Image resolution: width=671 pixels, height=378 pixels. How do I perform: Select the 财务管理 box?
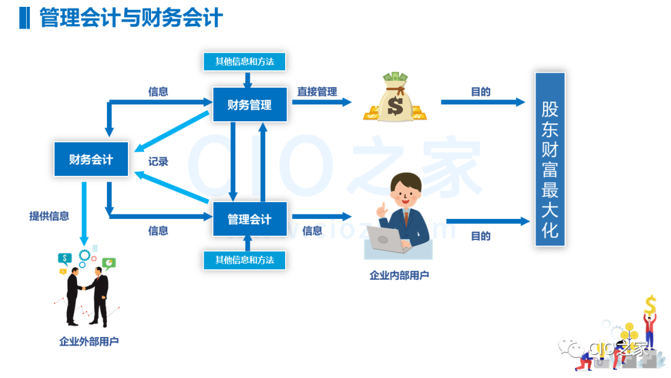click(250, 104)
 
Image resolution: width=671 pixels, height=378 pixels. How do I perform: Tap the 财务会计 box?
click(91, 160)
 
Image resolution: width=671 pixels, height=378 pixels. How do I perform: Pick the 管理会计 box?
click(250, 219)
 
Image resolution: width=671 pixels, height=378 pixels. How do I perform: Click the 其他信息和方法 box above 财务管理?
click(245, 62)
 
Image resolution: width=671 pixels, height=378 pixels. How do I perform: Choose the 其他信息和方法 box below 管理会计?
click(245, 260)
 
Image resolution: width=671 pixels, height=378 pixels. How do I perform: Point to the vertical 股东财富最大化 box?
click(550, 159)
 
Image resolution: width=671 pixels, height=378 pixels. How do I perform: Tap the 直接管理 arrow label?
click(317, 92)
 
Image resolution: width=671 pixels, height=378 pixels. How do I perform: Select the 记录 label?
click(158, 162)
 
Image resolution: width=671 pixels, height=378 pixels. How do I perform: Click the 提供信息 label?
click(49, 216)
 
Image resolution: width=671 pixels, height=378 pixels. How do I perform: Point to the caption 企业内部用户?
click(399, 275)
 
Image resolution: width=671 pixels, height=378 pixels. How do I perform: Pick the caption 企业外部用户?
click(89, 341)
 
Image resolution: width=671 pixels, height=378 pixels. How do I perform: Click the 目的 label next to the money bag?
click(480, 92)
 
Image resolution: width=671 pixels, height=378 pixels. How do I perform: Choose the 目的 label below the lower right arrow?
click(480, 236)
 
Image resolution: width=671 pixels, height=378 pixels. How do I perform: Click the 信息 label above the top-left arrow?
click(158, 92)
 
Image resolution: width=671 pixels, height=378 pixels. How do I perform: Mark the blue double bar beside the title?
click(24, 17)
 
